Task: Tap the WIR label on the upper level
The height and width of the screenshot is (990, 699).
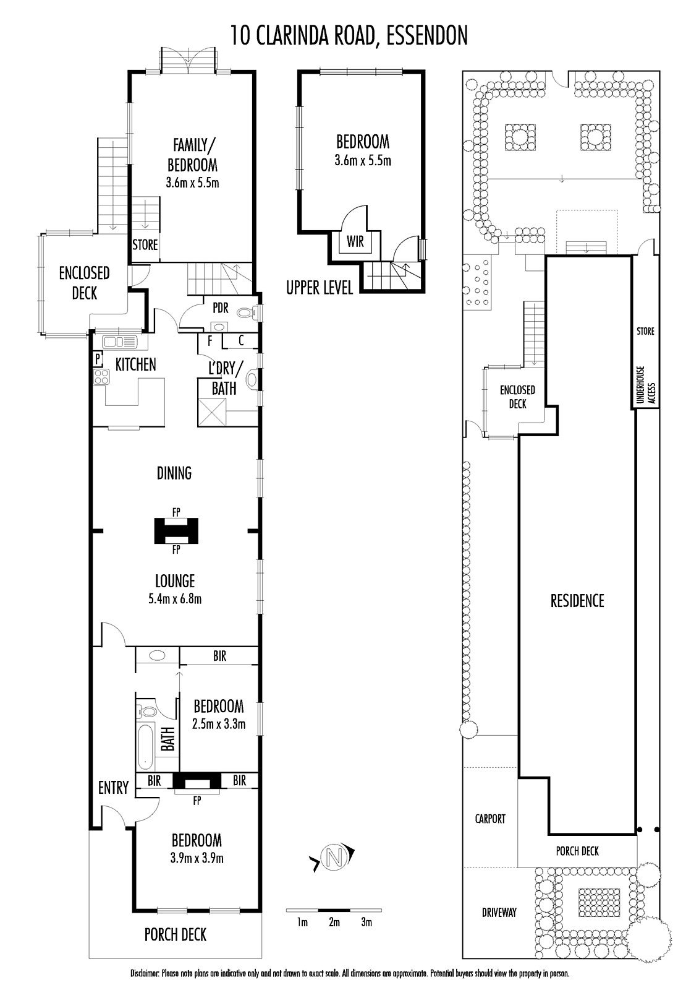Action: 355,242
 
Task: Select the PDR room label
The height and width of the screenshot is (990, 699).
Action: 221,308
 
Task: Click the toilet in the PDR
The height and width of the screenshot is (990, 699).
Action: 247,313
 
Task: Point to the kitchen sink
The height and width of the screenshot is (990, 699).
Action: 120,342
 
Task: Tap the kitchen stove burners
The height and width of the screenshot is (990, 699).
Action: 101,377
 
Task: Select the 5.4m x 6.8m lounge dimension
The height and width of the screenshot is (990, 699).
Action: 175,600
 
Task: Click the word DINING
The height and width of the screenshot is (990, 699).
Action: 174,473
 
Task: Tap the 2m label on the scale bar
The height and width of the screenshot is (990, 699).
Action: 334,922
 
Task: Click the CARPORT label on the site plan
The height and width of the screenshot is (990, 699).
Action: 489,819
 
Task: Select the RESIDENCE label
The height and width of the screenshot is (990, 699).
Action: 577,601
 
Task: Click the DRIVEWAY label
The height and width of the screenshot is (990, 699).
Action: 499,912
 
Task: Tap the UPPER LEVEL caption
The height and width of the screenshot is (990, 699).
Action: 320,288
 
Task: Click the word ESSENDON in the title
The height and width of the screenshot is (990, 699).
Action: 427,35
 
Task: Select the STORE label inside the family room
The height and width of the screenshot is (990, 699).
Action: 145,244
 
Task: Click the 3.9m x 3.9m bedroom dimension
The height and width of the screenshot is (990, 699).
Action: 197,858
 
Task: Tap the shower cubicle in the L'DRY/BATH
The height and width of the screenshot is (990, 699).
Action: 212,411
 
